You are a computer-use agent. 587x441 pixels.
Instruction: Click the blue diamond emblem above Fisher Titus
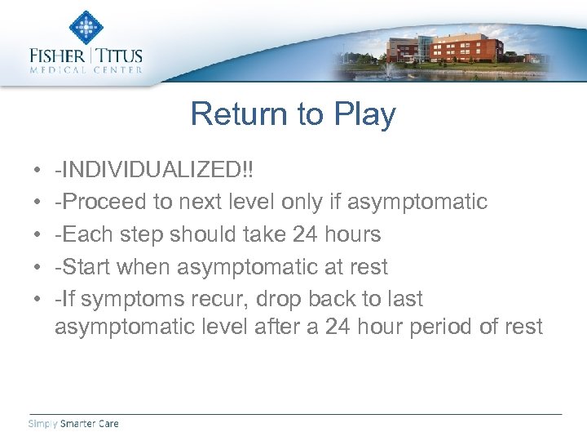(x=85, y=28)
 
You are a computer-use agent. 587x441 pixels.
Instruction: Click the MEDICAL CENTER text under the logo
(x=86, y=70)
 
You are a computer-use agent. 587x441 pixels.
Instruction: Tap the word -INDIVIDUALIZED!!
(x=153, y=170)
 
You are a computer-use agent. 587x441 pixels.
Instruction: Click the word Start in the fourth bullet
(x=86, y=267)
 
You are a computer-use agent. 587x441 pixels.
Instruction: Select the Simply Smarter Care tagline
(x=73, y=423)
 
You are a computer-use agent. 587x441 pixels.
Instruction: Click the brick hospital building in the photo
(x=473, y=47)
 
